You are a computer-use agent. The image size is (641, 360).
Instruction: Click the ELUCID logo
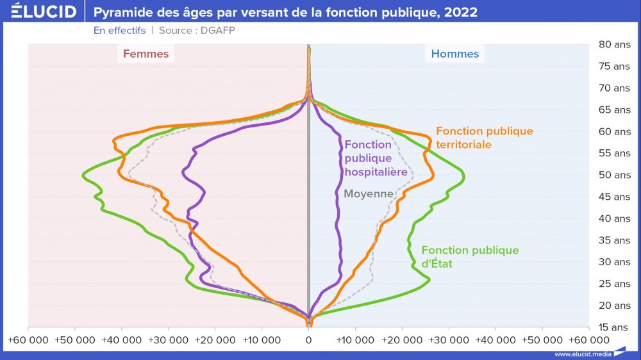(x=44, y=12)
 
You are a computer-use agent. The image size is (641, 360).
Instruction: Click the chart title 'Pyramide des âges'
(x=285, y=12)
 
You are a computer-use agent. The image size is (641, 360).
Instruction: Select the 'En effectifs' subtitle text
(x=119, y=30)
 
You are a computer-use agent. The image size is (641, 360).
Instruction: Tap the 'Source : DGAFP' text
(x=192, y=30)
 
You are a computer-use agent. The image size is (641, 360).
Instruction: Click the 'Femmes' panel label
(x=146, y=54)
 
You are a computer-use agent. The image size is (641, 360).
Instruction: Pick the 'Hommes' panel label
(x=454, y=54)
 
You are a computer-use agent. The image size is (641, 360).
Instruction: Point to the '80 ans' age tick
(x=614, y=44)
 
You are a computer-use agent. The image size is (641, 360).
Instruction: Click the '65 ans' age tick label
(x=614, y=110)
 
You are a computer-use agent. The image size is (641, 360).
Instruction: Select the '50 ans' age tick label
(x=614, y=175)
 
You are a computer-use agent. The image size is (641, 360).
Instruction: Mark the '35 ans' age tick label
(x=614, y=240)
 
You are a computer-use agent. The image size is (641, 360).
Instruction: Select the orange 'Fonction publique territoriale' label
(x=484, y=138)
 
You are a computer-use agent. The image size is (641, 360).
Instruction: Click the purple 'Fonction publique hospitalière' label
(x=376, y=158)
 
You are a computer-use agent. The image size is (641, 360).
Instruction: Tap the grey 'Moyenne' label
(x=368, y=193)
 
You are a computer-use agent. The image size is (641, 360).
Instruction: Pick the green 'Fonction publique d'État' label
(x=470, y=256)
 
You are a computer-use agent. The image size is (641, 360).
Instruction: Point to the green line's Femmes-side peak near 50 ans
(x=83, y=175)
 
